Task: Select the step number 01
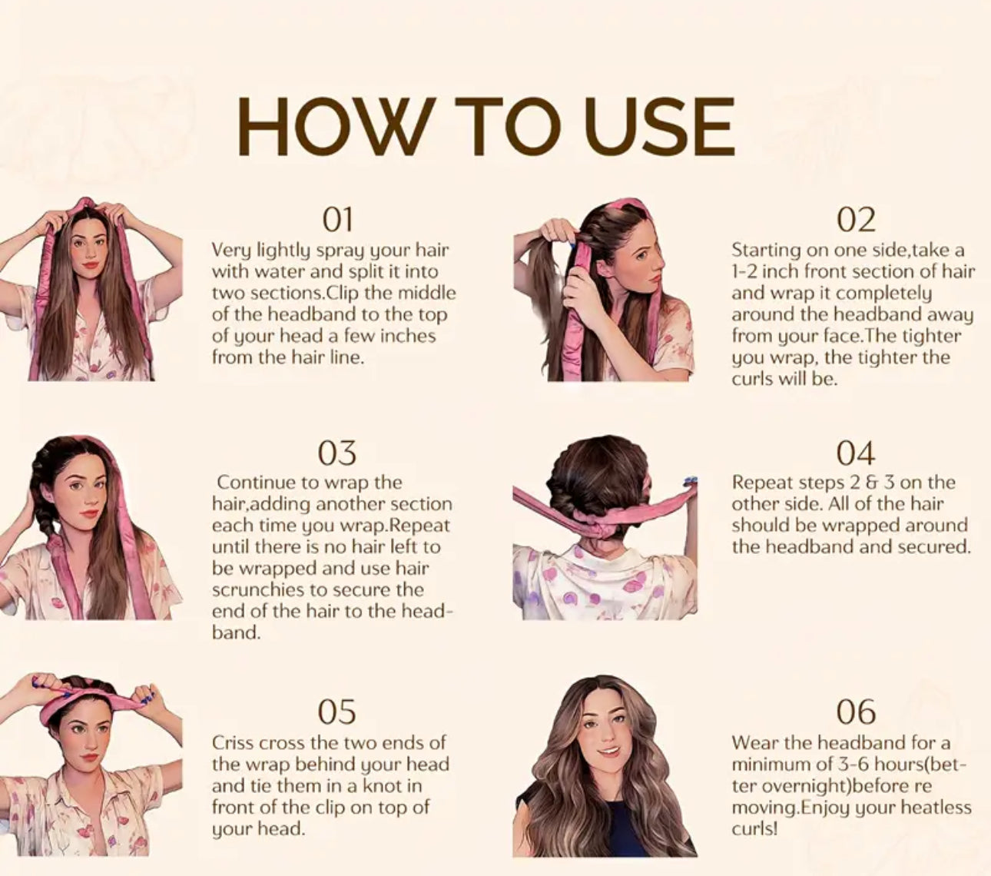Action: (x=336, y=220)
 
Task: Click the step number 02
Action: (x=855, y=220)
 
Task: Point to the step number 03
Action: (x=336, y=453)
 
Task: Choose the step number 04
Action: (x=855, y=453)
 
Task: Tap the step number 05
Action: (x=336, y=712)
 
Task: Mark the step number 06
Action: (x=855, y=712)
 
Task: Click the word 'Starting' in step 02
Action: (x=765, y=250)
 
